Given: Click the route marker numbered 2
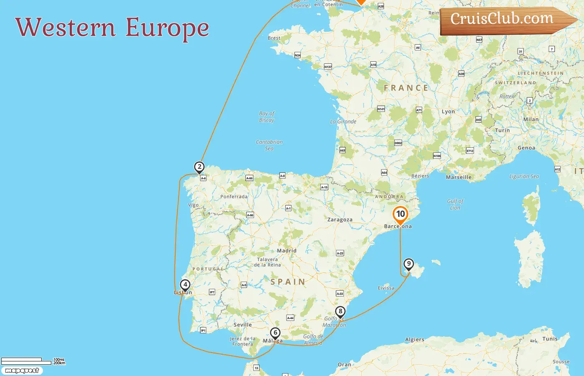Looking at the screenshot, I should tap(199, 167).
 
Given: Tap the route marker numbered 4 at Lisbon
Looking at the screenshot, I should tap(185, 285).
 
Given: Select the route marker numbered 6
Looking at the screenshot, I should tap(275, 333).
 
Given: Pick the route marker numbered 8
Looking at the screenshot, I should tap(340, 311).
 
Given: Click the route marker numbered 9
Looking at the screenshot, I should tap(409, 264).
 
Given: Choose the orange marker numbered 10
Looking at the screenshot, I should tap(400, 214).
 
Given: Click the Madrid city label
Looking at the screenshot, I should tap(287, 251).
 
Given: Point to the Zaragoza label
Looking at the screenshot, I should tap(340, 220).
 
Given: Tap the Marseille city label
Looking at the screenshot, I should tap(458, 177).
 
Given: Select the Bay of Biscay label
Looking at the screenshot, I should tap(267, 117).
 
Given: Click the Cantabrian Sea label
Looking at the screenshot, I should tap(269, 145).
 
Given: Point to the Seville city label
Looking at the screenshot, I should tap(242, 325).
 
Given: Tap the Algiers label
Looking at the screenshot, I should tap(415, 340).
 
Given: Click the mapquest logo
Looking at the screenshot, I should tap(22, 371).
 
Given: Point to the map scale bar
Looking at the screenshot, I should tap(27, 361).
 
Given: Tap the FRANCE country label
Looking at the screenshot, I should tap(406, 88).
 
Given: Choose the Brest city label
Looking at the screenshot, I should tap(274, 38).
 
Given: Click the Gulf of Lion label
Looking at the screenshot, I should tap(455, 204).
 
